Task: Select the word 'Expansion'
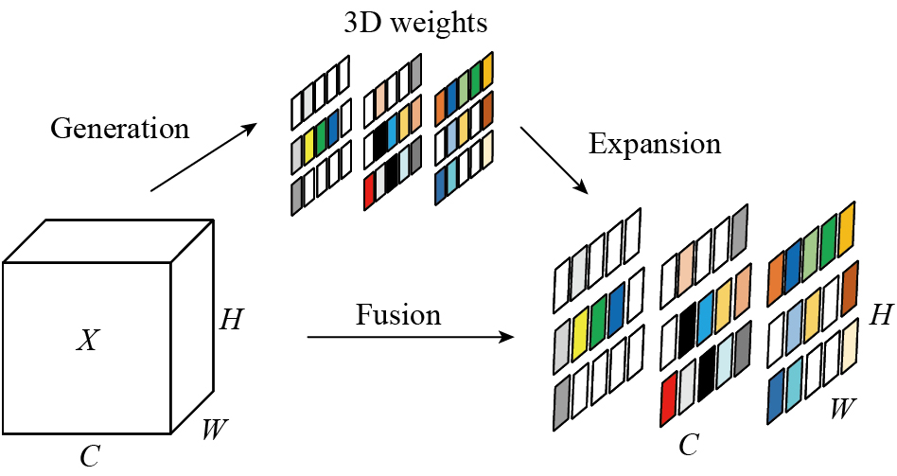click(x=655, y=144)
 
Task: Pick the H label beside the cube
click(x=230, y=320)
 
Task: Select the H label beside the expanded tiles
click(x=881, y=314)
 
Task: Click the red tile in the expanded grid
click(x=669, y=398)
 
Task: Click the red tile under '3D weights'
click(x=369, y=190)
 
